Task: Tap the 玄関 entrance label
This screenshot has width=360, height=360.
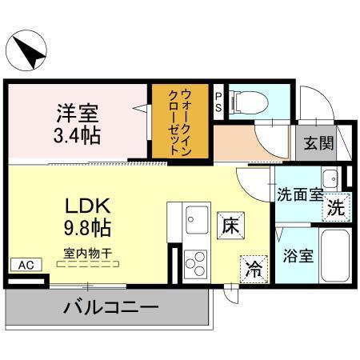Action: point(316,145)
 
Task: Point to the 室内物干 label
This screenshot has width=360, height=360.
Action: point(89,254)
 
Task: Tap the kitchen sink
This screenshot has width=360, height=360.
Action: point(196,218)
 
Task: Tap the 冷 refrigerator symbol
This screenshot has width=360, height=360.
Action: point(253,269)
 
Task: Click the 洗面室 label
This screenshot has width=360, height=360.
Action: point(301,193)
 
